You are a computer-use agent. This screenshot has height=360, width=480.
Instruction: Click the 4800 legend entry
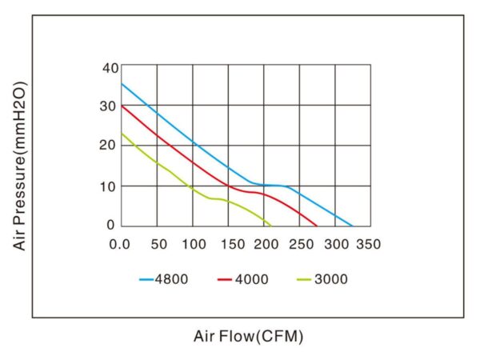(165, 280)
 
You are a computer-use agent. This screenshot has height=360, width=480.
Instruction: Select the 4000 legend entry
(242, 280)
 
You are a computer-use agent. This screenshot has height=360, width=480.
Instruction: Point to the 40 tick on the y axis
(110, 68)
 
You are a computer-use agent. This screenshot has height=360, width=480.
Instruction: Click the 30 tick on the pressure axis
(110, 106)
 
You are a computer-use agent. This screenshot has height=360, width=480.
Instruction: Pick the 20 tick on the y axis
(110, 146)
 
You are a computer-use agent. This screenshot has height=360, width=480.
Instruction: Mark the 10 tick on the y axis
(110, 186)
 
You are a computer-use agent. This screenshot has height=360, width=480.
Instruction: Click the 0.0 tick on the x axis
(121, 243)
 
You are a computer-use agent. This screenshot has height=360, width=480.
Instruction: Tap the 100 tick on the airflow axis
(193, 243)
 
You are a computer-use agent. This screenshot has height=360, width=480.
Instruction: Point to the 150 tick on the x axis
(229, 243)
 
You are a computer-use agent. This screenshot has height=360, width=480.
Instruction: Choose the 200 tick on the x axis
(264, 243)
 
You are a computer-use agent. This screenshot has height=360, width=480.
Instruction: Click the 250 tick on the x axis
(300, 243)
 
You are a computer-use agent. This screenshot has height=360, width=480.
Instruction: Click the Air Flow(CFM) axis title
(249, 336)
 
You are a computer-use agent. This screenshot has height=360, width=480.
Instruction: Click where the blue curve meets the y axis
(122, 83)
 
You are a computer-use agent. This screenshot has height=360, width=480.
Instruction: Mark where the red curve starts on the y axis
(122, 105)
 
